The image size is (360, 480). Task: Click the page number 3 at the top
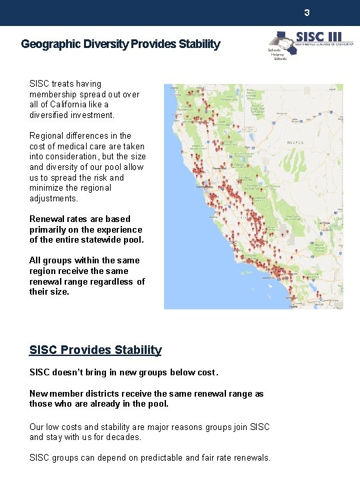[307, 13]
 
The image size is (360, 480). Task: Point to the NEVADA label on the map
[295, 143]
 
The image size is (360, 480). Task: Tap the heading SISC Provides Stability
[95, 350]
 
